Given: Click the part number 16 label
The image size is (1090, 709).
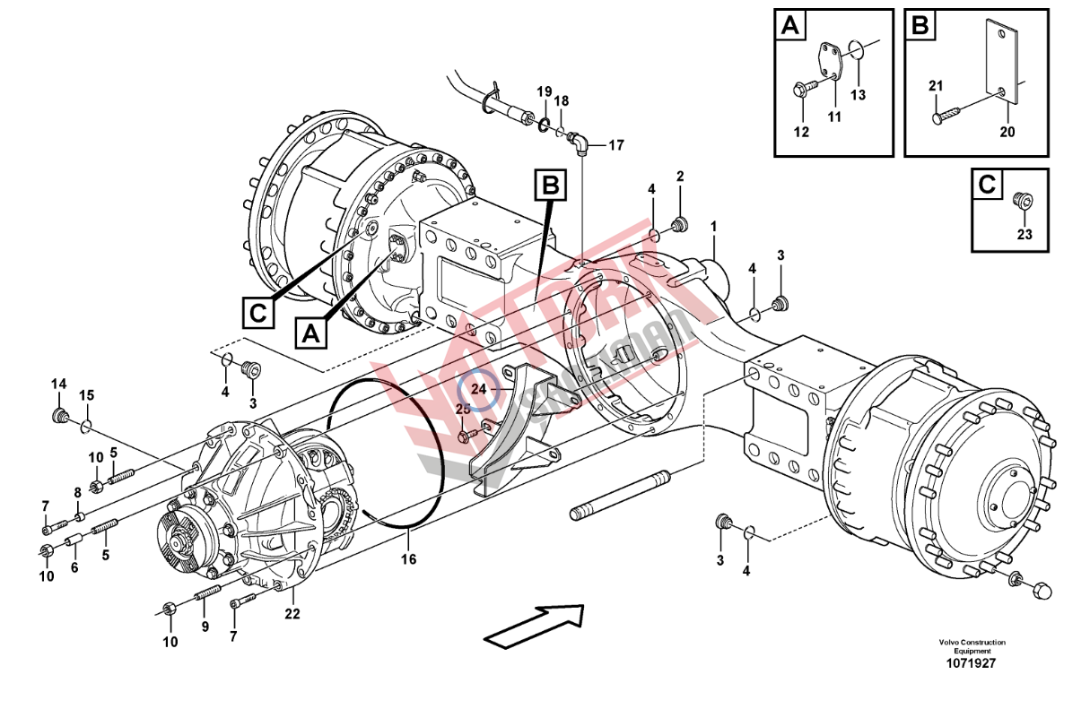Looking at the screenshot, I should tap(408, 560).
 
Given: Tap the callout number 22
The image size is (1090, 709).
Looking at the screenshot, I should tap(292, 614).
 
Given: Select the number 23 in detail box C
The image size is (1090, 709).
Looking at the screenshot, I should tap(1025, 235).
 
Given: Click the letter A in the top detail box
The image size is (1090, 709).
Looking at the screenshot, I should tap(789, 25).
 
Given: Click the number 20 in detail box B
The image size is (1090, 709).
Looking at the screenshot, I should tap(1007, 132).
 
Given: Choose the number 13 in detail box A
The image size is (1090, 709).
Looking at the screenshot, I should tap(859, 95).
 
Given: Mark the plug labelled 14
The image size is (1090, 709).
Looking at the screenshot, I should tap(62, 415).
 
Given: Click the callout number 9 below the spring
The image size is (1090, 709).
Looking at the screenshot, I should tap(205, 627).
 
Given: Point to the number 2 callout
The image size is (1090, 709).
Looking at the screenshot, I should tap(680, 176).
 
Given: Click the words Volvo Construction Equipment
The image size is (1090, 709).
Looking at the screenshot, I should tap(972, 646).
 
